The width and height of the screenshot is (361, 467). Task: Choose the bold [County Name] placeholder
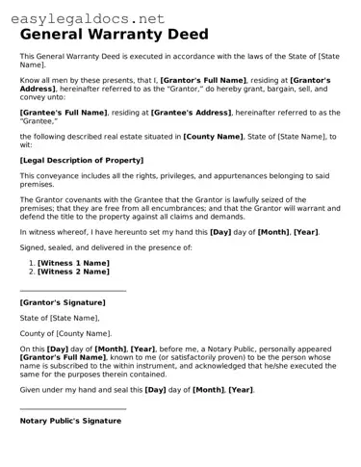[213, 136]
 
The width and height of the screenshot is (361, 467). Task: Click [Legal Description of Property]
[81, 159]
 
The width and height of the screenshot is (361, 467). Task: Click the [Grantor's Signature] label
[63, 301]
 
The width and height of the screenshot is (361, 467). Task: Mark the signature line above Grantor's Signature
[73, 290]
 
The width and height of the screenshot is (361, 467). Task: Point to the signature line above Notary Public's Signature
[73, 409]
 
